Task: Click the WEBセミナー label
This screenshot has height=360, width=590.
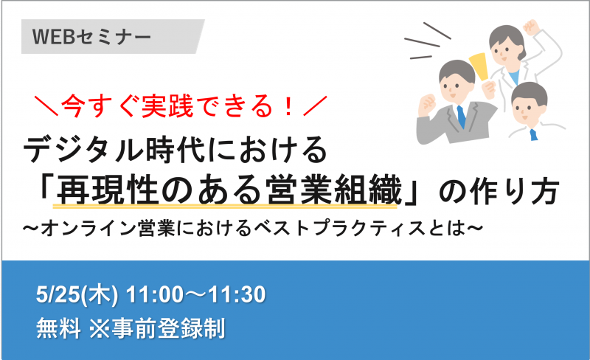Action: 91,37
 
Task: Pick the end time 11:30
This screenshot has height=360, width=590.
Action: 237,294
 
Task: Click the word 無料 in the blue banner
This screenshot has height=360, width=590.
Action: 58,328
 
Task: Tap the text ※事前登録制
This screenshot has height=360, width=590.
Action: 157,328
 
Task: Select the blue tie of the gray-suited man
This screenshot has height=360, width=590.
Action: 461,117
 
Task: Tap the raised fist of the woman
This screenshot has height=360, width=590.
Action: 531,27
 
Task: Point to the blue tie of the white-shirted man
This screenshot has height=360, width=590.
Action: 533,134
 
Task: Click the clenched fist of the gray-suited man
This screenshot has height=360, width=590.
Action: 427,104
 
